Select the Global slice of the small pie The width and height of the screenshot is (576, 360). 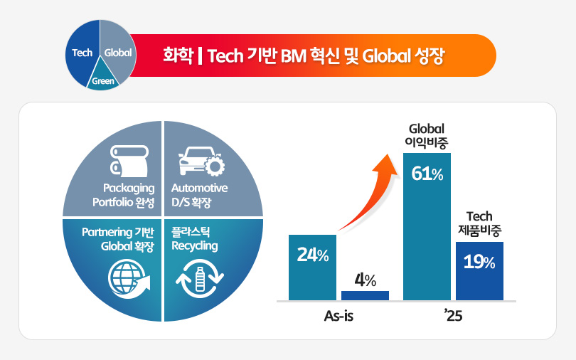(117, 52)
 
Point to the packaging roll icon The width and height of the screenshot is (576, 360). (128, 160)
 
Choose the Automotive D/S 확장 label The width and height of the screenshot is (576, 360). (200, 194)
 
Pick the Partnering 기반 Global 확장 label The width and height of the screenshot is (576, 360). (117, 239)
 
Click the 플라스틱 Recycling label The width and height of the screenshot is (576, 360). (195, 239)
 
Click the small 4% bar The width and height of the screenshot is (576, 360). (365, 295)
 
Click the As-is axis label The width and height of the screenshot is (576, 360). (338, 315)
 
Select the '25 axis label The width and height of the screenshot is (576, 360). (452, 315)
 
